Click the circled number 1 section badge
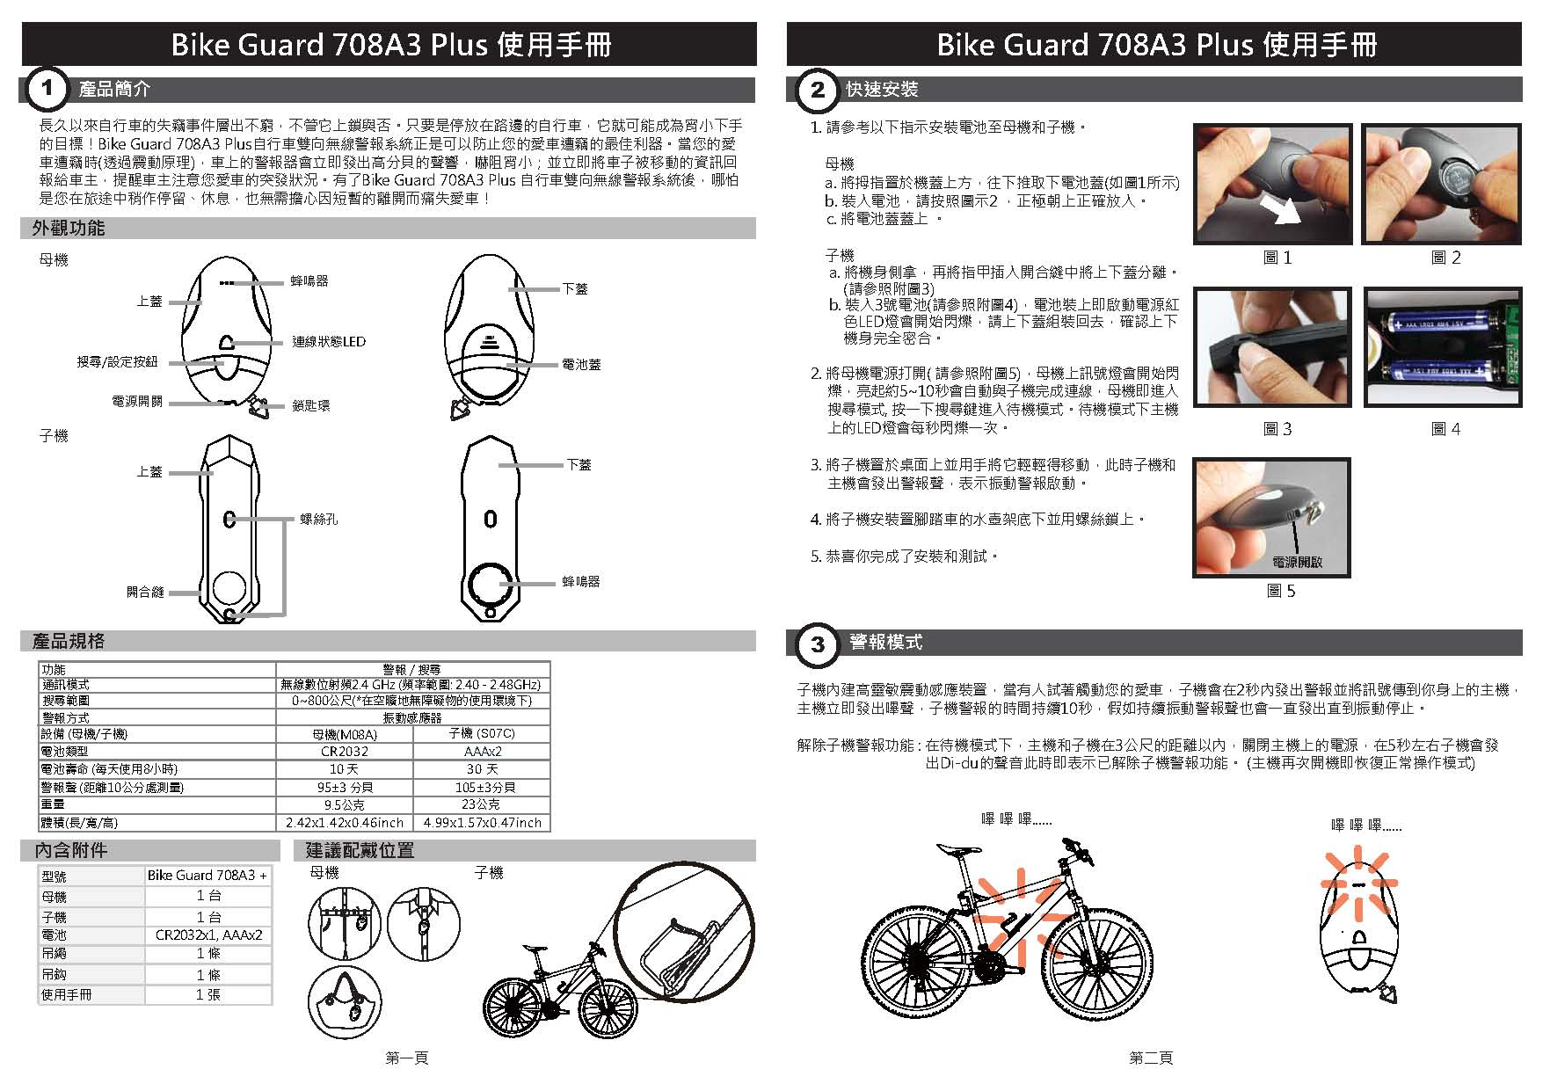click(46, 89)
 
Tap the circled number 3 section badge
click(817, 644)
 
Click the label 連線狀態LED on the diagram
click(328, 341)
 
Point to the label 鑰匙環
click(311, 406)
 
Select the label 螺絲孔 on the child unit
click(318, 520)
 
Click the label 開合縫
click(145, 593)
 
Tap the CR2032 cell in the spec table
click(344, 752)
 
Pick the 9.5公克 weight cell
click(344, 804)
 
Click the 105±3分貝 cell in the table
click(481, 788)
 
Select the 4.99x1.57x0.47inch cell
click(482, 823)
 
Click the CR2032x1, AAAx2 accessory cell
click(208, 935)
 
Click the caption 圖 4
click(1445, 429)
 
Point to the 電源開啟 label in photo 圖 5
click(1297, 562)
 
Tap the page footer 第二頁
click(1151, 1058)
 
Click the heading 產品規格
click(69, 641)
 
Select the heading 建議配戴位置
click(360, 850)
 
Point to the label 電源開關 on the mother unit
click(137, 401)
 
